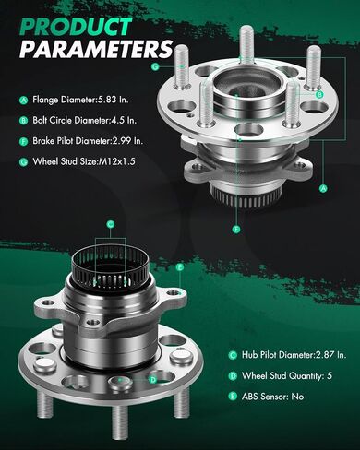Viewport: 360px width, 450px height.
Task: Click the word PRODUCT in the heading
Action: [76, 27]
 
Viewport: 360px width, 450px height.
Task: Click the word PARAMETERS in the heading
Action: [96, 49]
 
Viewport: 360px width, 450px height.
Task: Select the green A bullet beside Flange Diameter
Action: [23, 100]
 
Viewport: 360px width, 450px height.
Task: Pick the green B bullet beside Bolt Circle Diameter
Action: [23, 121]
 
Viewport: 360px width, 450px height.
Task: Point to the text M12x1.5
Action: [116, 161]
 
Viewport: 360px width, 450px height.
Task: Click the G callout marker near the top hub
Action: [155, 66]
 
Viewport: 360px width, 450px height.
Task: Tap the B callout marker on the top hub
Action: [319, 94]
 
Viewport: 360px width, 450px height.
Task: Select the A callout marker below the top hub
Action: [323, 188]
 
